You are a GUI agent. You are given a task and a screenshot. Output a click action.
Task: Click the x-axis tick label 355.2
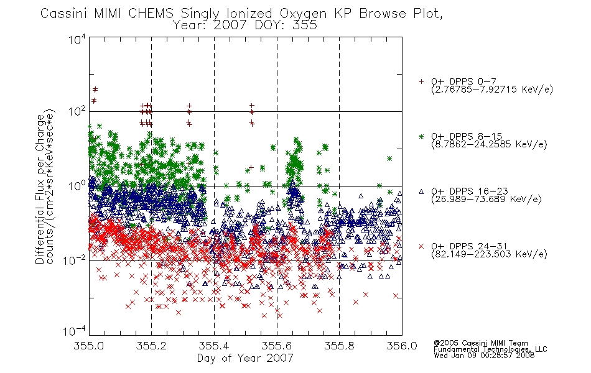(x=151, y=346)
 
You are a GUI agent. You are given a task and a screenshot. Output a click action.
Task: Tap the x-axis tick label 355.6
(x=276, y=346)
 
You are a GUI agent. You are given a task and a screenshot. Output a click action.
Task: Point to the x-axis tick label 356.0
(x=402, y=346)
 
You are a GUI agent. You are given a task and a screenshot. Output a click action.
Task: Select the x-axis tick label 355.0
(x=88, y=346)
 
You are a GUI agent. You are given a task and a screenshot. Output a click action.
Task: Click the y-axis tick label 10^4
(x=77, y=39)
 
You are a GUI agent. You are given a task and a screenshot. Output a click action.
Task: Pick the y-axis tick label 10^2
(x=77, y=112)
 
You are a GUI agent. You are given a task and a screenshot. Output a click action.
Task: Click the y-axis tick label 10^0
(x=77, y=186)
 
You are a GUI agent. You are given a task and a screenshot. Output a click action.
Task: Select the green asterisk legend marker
(x=421, y=137)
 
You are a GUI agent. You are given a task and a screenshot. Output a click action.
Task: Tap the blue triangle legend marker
(x=421, y=191)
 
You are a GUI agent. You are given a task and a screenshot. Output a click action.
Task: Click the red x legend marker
(x=421, y=246)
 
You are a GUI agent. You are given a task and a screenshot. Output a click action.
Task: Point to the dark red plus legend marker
(x=421, y=81)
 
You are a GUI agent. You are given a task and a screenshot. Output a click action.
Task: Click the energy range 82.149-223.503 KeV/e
(x=489, y=254)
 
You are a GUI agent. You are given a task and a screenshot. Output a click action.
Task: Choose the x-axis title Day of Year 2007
(x=245, y=358)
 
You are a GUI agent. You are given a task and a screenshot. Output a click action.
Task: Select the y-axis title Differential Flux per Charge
(x=40, y=187)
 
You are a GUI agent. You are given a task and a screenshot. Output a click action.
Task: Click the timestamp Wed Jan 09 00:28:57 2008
(x=484, y=356)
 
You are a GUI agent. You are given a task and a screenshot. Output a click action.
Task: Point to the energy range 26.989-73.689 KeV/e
(x=486, y=200)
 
